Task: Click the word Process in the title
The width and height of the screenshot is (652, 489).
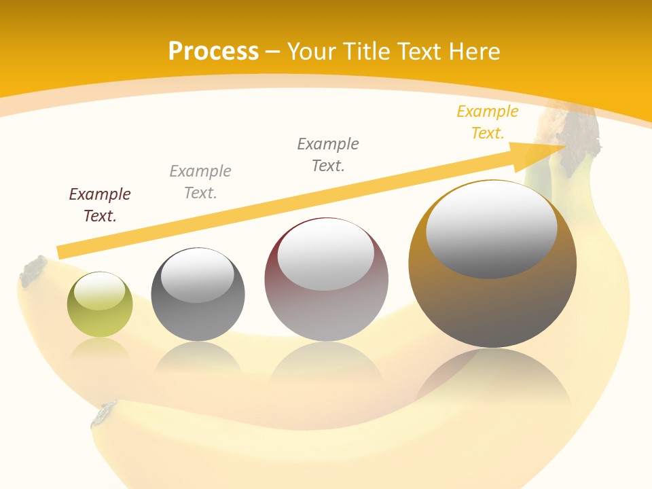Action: point(213,52)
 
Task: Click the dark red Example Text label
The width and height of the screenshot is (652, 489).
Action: point(100,205)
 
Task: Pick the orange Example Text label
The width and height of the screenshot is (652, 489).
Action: point(487,122)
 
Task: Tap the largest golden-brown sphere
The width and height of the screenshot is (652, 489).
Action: point(492,299)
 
